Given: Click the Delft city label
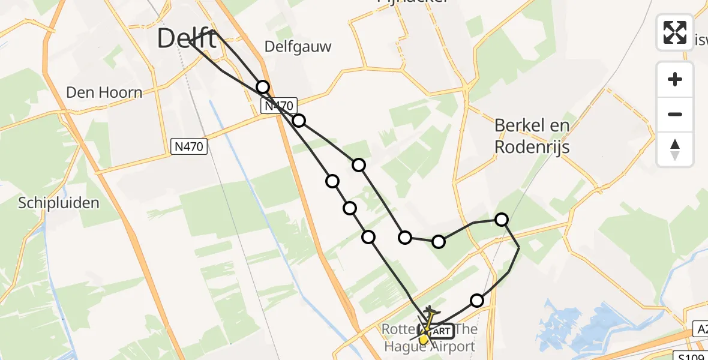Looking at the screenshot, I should coord(187,39).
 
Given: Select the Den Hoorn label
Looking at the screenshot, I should coord(104,92).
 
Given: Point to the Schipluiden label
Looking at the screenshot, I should coord(58,203).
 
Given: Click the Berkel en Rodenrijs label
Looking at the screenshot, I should coord(532,136).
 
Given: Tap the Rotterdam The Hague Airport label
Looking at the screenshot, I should coord(430,338).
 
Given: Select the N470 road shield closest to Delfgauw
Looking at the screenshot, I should coord(278,106).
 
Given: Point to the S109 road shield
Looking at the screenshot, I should coord(688,356).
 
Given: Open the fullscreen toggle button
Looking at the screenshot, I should coord(675,32).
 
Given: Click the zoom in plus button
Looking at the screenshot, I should coord(675,79).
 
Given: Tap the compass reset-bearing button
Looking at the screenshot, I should coord(675,149).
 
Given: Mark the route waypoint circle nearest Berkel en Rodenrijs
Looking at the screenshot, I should coord(501,220).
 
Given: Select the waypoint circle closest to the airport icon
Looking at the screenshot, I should coord(477,300).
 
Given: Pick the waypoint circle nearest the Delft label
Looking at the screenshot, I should coord(262,87).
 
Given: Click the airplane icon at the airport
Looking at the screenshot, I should coord(429,313).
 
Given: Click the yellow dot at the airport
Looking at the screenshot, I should coord(424,340).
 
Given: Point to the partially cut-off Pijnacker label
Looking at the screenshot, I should coord(413,2).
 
